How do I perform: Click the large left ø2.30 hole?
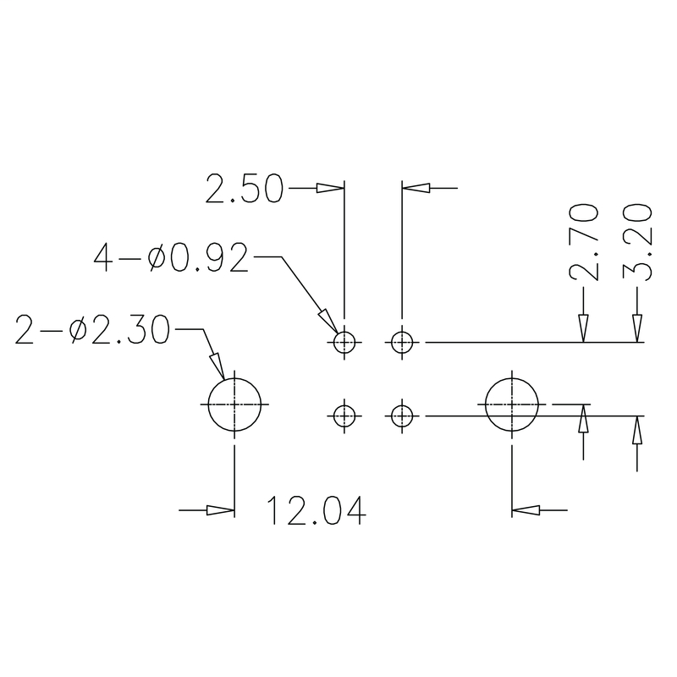pos(234,405)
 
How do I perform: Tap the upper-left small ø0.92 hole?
pos(344,343)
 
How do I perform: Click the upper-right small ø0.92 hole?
pos(401,343)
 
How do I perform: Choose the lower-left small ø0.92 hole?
pos(344,416)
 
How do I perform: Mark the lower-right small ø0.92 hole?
pos(401,416)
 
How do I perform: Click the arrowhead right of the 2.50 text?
pos(331,188)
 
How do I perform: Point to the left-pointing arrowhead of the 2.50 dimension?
pos(415,188)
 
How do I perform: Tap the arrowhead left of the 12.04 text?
pos(221,510)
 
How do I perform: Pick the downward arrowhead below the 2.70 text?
pos(584,329)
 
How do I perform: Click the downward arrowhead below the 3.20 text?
pos(636,329)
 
